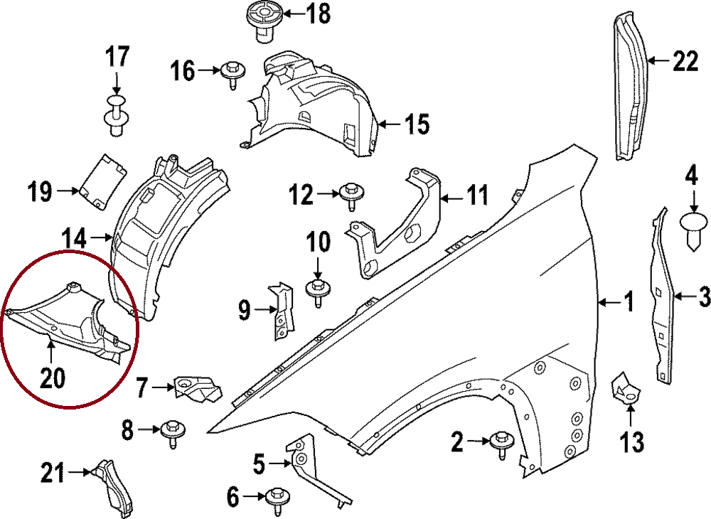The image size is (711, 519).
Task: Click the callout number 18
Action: click(x=319, y=14)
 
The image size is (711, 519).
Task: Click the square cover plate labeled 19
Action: click(x=101, y=181)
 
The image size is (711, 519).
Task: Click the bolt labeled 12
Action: click(x=351, y=194)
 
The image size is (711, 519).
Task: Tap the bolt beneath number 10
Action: click(x=316, y=291)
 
